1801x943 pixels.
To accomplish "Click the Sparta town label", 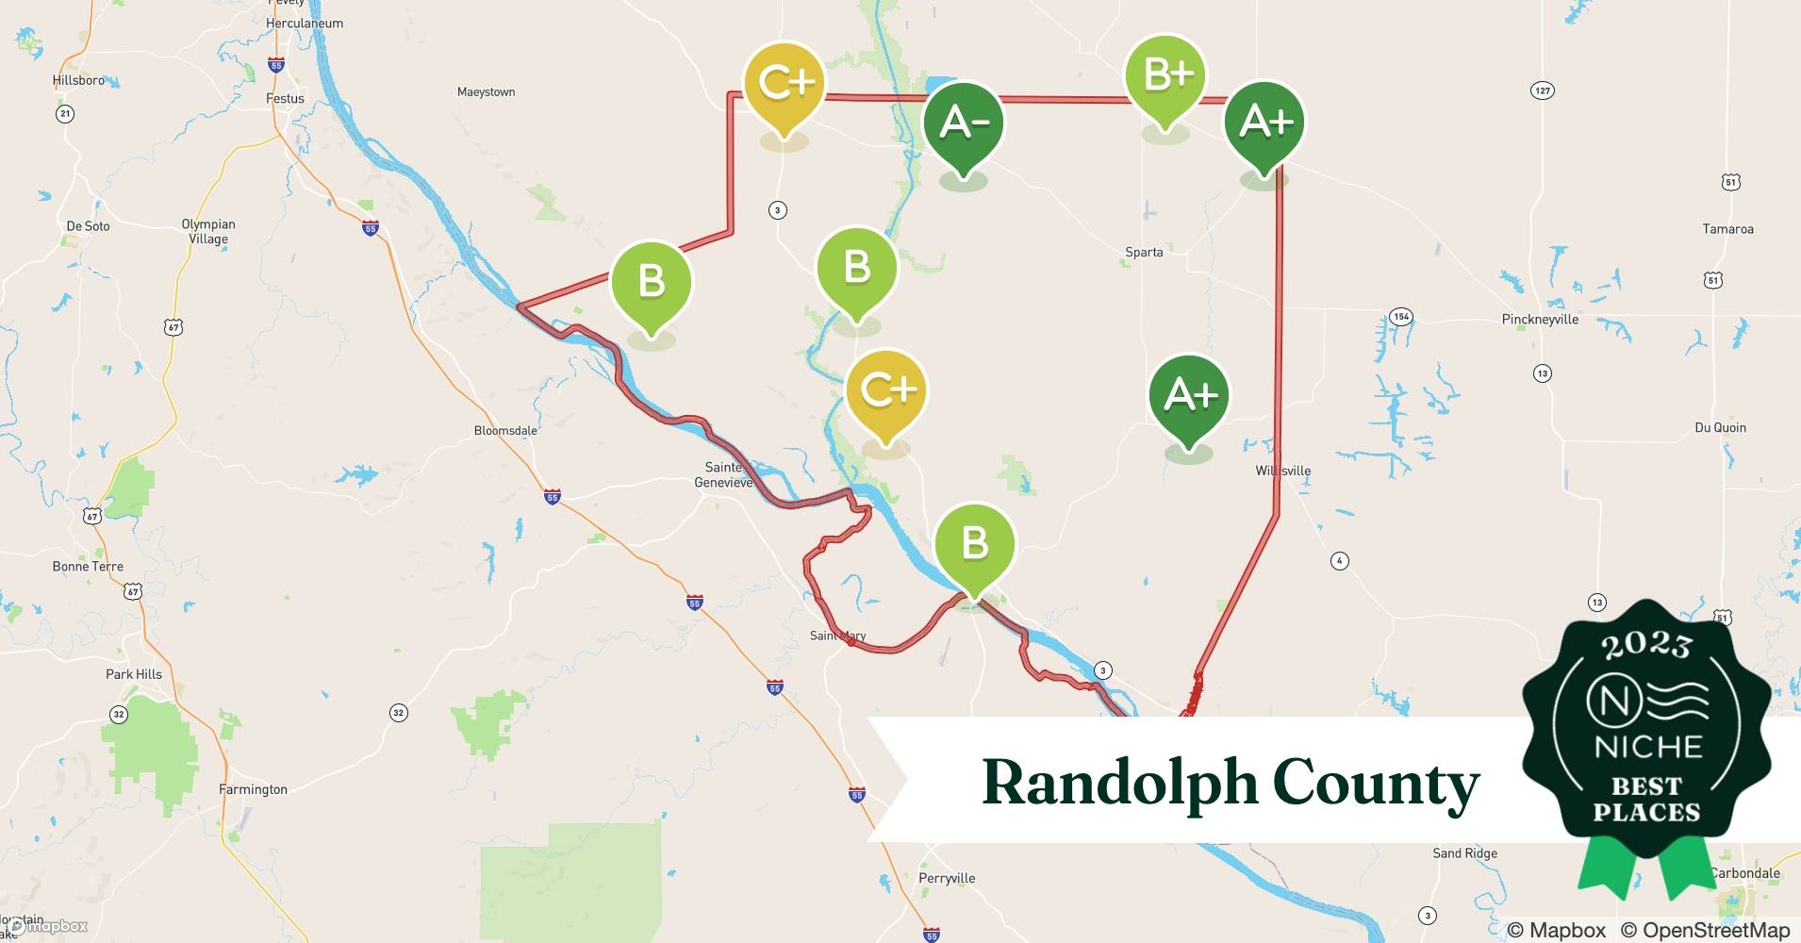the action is pyautogui.click(x=1144, y=252).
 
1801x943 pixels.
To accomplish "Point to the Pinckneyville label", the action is pyautogui.click(x=1540, y=320).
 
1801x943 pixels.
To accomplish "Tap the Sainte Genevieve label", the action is pyautogui.click(x=723, y=474).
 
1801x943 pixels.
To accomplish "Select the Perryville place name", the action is pyautogui.click(x=947, y=878).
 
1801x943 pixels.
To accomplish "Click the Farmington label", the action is pyautogui.click(x=253, y=789).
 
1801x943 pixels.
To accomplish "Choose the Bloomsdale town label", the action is pyautogui.click(x=505, y=431).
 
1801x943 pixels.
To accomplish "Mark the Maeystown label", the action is pyautogui.click(x=486, y=92).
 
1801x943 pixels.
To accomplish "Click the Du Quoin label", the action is pyautogui.click(x=1720, y=427).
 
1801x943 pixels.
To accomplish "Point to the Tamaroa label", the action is pyautogui.click(x=1727, y=229).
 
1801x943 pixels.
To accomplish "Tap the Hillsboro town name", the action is pyautogui.click(x=79, y=80).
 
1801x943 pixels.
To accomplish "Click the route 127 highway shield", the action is pyautogui.click(x=1542, y=91).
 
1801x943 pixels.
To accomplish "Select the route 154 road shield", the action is pyautogui.click(x=1401, y=316).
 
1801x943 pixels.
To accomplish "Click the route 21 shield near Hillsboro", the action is pyautogui.click(x=64, y=114).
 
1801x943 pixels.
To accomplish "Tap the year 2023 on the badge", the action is pyautogui.click(x=1645, y=646).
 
